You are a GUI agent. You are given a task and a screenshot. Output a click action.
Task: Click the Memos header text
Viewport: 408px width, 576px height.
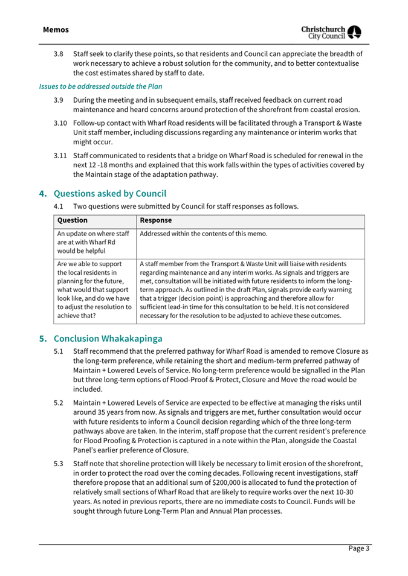pyautogui.click(x=56, y=30)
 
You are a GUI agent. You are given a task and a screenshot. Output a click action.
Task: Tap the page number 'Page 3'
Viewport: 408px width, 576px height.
pyautogui.click(x=358, y=548)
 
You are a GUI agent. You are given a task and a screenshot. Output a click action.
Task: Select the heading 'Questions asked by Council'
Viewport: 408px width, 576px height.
pyautogui.click(x=110, y=194)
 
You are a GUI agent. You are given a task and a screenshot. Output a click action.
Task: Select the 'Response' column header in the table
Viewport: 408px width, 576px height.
pyautogui.click(x=155, y=220)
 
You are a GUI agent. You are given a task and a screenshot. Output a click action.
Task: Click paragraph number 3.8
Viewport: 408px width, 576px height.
pyautogui.click(x=59, y=54)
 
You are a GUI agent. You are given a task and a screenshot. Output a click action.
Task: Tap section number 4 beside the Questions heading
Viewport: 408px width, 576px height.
pyautogui.click(x=42, y=194)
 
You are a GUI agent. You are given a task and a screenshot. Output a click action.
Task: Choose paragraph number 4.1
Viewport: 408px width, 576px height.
pyautogui.click(x=59, y=206)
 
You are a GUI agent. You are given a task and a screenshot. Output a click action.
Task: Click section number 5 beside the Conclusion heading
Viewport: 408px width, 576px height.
pyautogui.click(x=42, y=339)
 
